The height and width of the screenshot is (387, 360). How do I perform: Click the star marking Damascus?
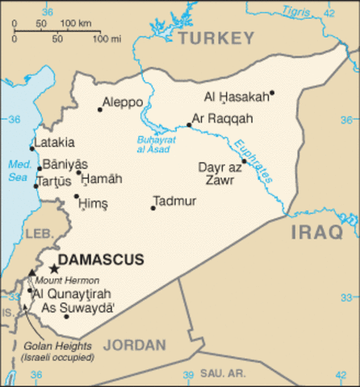(54, 268)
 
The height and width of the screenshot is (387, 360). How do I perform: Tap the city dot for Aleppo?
(100, 110)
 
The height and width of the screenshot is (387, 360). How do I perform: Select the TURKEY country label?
(216, 38)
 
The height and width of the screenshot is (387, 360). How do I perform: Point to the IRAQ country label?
(316, 233)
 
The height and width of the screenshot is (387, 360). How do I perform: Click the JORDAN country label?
(134, 345)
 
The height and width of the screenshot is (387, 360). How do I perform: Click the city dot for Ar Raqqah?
(189, 125)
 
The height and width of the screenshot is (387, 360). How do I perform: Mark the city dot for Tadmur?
(152, 208)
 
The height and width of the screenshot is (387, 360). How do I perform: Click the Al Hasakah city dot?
(272, 92)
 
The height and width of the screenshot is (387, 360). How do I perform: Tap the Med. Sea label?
(18, 171)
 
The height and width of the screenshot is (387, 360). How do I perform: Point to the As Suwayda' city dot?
(66, 316)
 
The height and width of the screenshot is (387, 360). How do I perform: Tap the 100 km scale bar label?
(75, 22)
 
